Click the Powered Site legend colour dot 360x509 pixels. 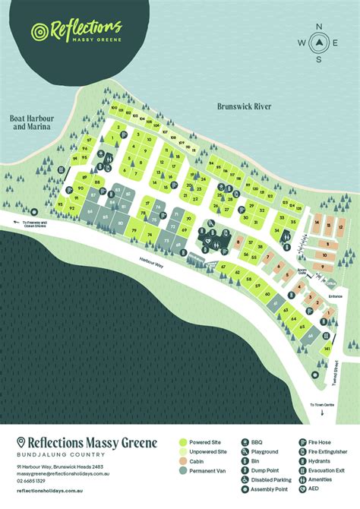pos(185,441)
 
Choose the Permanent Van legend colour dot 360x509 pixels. pos(185,471)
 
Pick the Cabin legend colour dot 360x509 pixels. pos(185,461)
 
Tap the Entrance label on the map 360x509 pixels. pos(335,296)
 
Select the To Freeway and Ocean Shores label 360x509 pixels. pos(34,223)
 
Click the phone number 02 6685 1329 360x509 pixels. pos(30,481)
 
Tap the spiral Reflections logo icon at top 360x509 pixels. pos(38,32)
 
